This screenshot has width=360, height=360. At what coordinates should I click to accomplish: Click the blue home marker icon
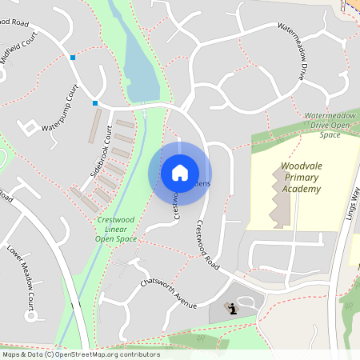point(180,173)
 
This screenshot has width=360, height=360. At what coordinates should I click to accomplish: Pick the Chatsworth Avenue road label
point(168,294)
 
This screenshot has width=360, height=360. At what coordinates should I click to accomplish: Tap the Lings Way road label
point(352,209)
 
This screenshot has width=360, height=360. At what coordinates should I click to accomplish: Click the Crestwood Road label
point(206,243)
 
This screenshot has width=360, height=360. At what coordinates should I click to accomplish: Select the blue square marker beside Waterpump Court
point(95,103)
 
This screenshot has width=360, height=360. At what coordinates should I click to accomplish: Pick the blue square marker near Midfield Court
point(73,58)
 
